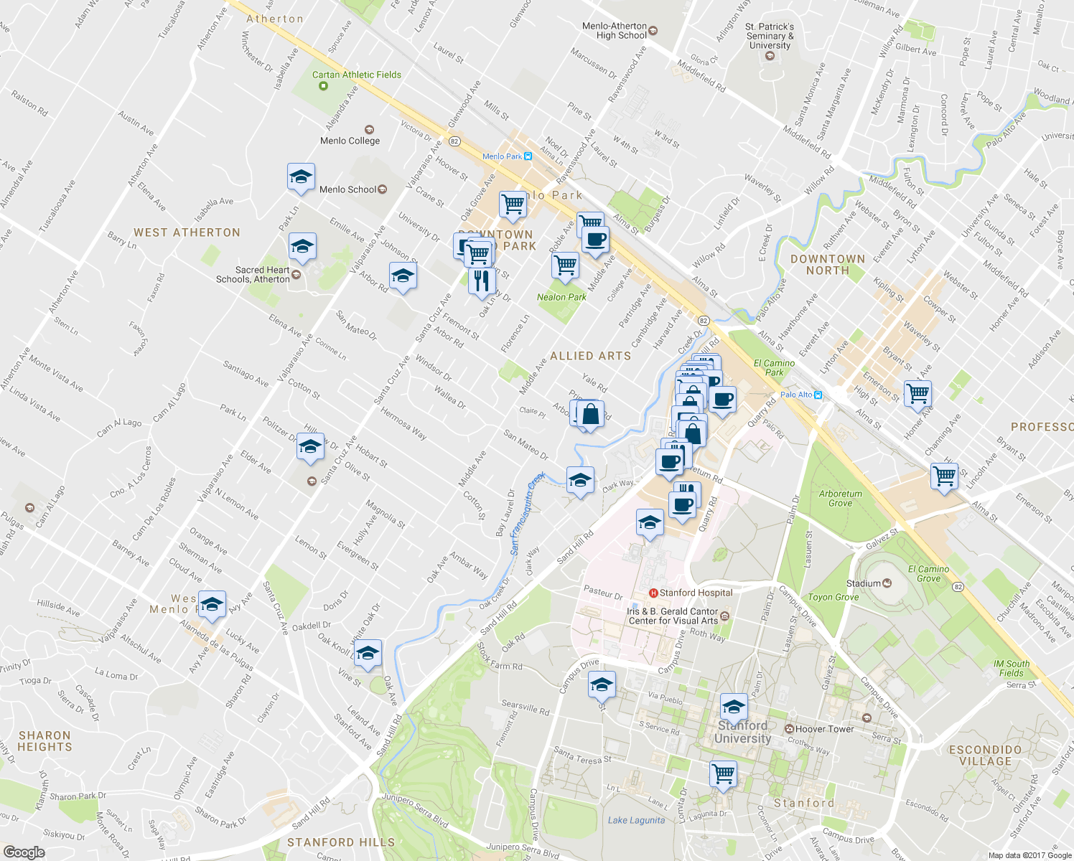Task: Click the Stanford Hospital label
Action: point(695,593)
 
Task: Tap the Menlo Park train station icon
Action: point(528,156)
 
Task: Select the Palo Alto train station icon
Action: point(818,395)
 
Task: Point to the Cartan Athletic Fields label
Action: point(356,75)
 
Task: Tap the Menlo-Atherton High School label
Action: point(615,31)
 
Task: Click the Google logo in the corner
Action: point(24,852)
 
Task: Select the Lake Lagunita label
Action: point(636,820)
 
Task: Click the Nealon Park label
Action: point(561,297)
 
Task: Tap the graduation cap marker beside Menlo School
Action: point(301,177)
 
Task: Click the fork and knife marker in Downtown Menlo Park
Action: point(482,280)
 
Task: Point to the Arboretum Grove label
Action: point(840,499)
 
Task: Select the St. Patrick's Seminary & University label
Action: point(770,36)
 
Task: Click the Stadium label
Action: point(863,583)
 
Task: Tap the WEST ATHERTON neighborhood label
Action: point(187,232)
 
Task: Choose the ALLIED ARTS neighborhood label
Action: point(590,356)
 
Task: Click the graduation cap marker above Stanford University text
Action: point(733,708)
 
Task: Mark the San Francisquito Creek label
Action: point(526,514)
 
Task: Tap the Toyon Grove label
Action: point(833,597)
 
